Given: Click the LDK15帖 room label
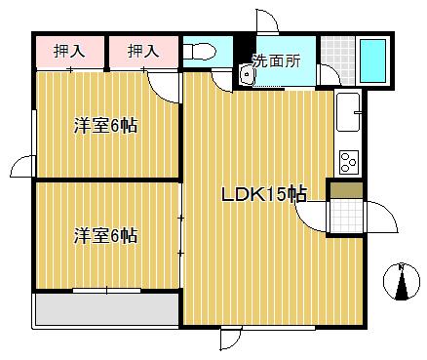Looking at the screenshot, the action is click(x=263, y=195).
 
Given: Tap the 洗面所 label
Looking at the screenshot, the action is click(x=276, y=60).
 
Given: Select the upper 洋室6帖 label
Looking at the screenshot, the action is click(x=105, y=126).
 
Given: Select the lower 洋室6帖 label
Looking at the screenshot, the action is click(x=105, y=236).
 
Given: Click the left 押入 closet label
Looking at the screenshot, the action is click(x=69, y=51).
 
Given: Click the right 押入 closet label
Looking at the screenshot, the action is click(x=143, y=51).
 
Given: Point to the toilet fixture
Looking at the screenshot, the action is click(x=200, y=52).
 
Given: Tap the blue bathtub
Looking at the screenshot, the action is click(x=372, y=60).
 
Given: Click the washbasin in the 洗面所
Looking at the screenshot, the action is click(x=247, y=74).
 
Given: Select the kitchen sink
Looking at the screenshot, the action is click(x=349, y=112).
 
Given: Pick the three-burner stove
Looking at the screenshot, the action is click(x=349, y=162).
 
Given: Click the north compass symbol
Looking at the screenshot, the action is click(x=402, y=281).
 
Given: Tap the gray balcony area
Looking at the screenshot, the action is click(x=107, y=309).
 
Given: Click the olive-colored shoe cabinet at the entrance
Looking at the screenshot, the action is click(x=347, y=190).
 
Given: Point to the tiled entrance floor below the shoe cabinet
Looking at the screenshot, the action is click(x=347, y=216).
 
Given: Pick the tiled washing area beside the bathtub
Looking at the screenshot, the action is click(x=337, y=60).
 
